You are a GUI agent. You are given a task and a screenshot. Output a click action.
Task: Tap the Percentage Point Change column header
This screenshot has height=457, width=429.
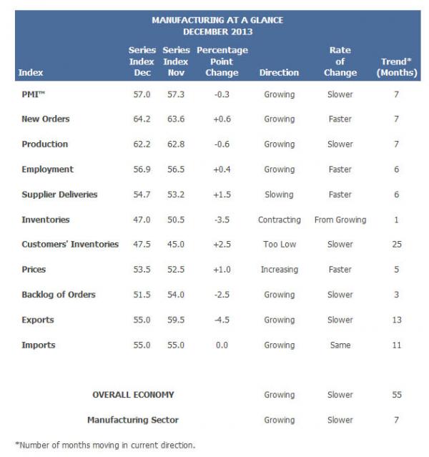click(x=222, y=61)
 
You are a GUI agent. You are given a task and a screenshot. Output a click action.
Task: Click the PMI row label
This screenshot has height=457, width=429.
click(x=34, y=94)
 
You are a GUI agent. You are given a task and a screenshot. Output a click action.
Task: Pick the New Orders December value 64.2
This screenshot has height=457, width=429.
click(x=141, y=119)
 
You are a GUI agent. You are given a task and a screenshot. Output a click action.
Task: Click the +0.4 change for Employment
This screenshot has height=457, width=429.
click(x=222, y=169)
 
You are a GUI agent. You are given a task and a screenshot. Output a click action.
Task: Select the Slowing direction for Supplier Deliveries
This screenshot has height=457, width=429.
click(x=279, y=195)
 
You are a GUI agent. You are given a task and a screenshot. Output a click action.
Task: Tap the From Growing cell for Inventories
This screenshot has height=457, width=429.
click(x=340, y=220)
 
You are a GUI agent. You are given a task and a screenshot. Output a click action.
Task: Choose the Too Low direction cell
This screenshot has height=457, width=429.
click(x=279, y=245)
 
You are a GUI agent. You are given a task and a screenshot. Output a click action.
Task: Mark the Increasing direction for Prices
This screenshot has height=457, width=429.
click(x=279, y=270)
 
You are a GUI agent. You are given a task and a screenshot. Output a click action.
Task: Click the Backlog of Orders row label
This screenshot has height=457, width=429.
click(x=59, y=295)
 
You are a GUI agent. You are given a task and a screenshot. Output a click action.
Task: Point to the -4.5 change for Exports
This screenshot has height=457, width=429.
click(x=222, y=320)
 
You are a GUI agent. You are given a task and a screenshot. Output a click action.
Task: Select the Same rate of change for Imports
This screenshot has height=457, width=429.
click(x=340, y=345)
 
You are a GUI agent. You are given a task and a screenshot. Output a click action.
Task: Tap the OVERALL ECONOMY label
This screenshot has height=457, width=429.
click(x=133, y=395)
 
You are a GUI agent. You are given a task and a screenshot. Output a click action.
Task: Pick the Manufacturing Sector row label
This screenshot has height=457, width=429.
click(x=132, y=420)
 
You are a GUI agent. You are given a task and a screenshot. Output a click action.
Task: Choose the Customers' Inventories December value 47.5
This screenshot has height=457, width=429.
click(x=141, y=245)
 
